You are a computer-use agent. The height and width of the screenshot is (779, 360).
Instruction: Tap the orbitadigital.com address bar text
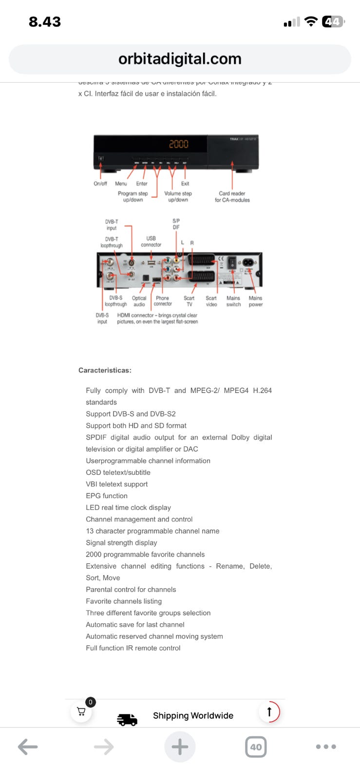[x=180, y=59]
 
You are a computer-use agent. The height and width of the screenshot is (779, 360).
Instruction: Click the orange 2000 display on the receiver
[x=178, y=144]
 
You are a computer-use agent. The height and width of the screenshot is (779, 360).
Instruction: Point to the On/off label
[x=100, y=184]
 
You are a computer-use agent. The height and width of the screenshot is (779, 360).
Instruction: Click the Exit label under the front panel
[x=185, y=184]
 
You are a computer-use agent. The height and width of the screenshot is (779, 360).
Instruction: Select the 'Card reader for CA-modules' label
[x=232, y=197]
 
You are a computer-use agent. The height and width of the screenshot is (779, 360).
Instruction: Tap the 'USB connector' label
[x=151, y=241]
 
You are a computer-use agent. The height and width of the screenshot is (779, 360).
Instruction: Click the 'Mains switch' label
[x=233, y=301]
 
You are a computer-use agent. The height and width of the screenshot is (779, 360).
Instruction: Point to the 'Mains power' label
[x=256, y=301]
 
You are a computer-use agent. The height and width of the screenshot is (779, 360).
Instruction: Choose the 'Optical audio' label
[x=139, y=301]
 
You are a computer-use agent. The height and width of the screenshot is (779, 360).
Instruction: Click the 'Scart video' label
[x=211, y=301]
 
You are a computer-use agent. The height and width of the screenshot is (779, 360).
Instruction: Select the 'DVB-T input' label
[x=112, y=224]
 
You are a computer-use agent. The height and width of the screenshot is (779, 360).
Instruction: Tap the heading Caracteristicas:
[x=105, y=371]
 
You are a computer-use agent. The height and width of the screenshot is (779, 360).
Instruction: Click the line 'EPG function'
[x=107, y=496]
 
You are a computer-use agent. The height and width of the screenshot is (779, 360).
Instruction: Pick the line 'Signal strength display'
[x=121, y=542]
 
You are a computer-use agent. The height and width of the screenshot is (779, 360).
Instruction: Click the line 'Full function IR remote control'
[x=133, y=648]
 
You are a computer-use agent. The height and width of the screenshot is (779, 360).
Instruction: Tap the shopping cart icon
[x=81, y=712]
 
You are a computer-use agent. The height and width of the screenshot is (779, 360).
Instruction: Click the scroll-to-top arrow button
[x=269, y=712]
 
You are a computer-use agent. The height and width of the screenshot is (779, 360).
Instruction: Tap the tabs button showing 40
[x=256, y=747]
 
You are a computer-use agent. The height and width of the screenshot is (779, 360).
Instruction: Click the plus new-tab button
[x=180, y=747]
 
